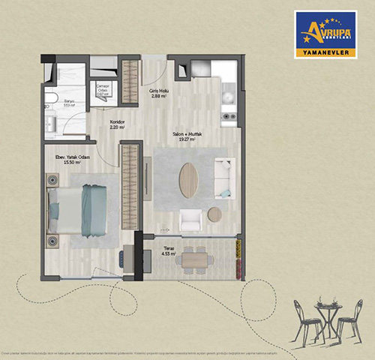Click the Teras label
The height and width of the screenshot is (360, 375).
tap(168, 252)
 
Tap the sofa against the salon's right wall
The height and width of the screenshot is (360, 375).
tap(223, 178)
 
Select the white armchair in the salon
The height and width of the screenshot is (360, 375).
tap(190, 219)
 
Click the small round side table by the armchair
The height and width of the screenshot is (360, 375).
tap(214, 214)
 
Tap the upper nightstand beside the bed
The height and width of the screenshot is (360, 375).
tap(52, 180)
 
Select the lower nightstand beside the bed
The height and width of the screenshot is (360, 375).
tap(52, 241)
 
